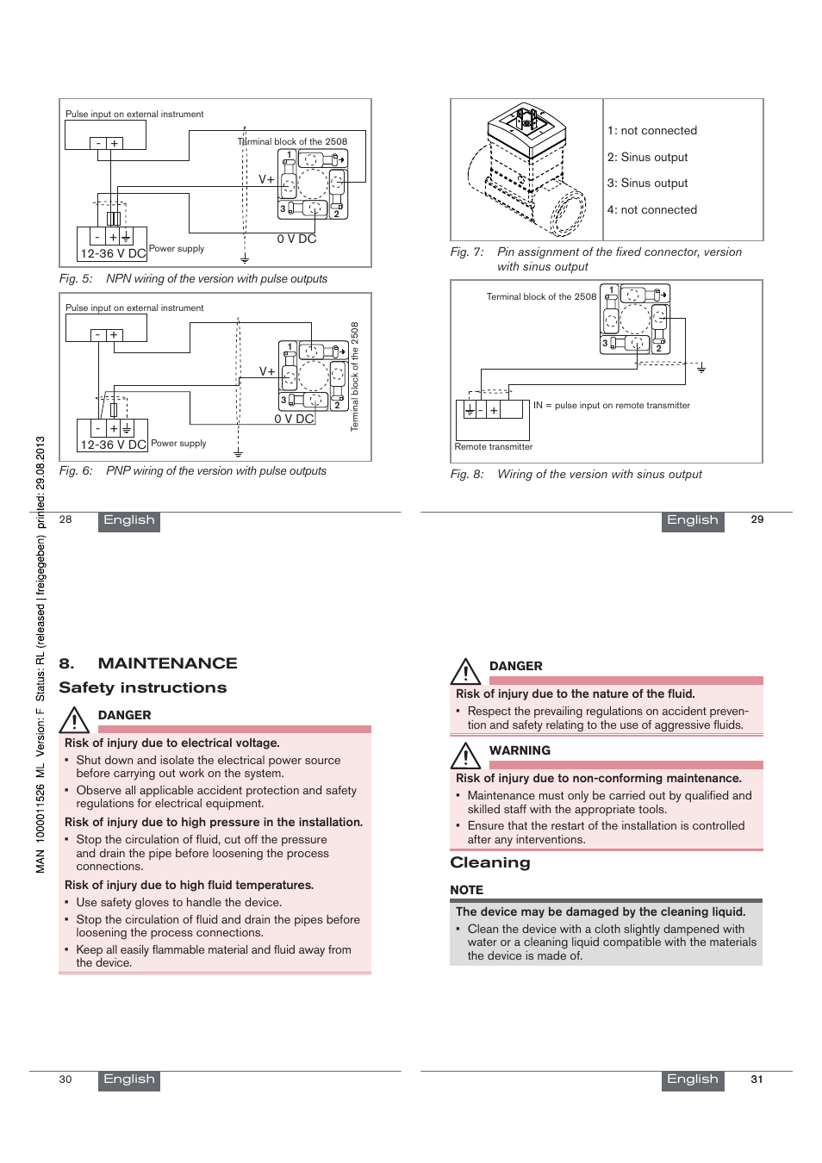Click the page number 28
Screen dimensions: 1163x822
click(65, 519)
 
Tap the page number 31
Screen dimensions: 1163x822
click(757, 1079)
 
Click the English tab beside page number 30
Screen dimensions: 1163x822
click(129, 1079)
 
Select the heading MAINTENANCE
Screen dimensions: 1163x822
click(167, 663)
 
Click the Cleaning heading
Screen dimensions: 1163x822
click(490, 862)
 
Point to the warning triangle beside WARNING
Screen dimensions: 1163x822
click(465, 756)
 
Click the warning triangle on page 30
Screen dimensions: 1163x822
click(75, 719)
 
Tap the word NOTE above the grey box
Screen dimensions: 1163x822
click(466, 890)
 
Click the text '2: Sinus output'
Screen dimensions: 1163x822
click(647, 158)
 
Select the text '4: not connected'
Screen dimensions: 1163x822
click(651, 210)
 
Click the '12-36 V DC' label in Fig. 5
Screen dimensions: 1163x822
click(113, 254)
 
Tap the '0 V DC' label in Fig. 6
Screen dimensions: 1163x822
click(294, 420)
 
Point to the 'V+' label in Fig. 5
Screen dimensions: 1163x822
click(266, 180)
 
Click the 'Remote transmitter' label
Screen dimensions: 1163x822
click(493, 447)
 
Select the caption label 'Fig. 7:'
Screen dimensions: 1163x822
click(467, 252)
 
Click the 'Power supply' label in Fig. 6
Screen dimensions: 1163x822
click(178, 444)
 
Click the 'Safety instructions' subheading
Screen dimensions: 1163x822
click(143, 687)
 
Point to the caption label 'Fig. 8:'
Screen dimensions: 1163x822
click(467, 475)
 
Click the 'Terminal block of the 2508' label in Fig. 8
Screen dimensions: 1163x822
click(541, 297)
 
